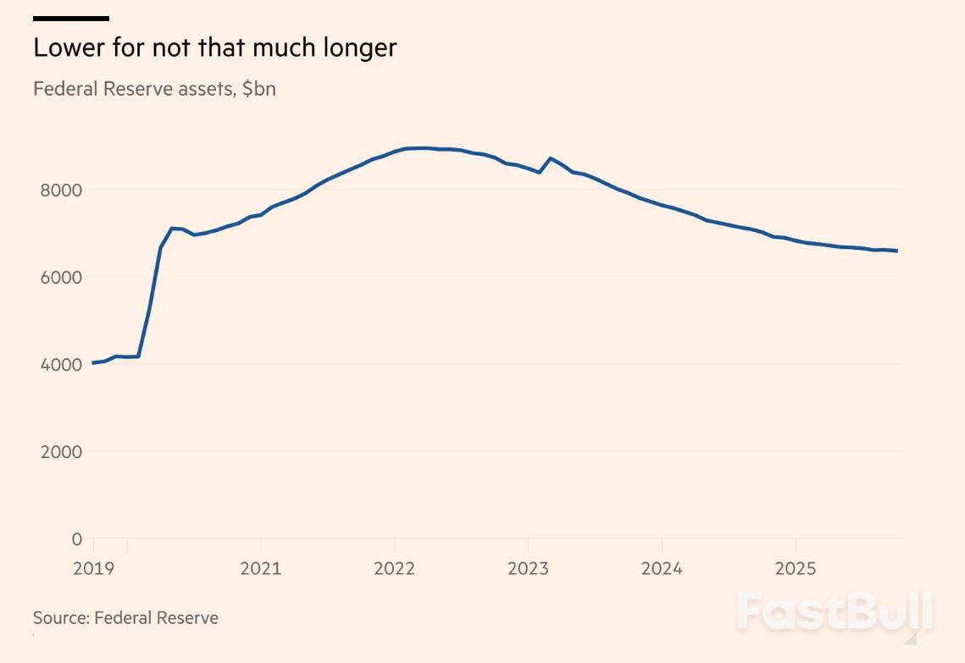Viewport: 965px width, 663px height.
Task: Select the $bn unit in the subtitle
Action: (x=258, y=89)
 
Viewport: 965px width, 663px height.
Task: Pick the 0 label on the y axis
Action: (x=77, y=539)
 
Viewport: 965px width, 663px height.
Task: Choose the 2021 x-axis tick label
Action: (x=260, y=568)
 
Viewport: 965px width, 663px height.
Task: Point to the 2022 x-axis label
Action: (x=394, y=568)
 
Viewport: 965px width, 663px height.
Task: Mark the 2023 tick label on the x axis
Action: (x=528, y=568)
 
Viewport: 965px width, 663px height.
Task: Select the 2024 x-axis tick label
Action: (x=662, y=568)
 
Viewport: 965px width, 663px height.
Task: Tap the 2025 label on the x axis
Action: (x=796, y=568)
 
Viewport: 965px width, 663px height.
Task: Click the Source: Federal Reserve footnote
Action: (x=125, y=618)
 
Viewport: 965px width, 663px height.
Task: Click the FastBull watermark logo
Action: (x=835, y=611)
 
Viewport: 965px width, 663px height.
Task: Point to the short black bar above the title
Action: (x=71, y=18)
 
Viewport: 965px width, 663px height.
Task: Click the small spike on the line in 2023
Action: (x=551, y=158)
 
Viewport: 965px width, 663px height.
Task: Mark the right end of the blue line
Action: (x=897, y=251)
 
